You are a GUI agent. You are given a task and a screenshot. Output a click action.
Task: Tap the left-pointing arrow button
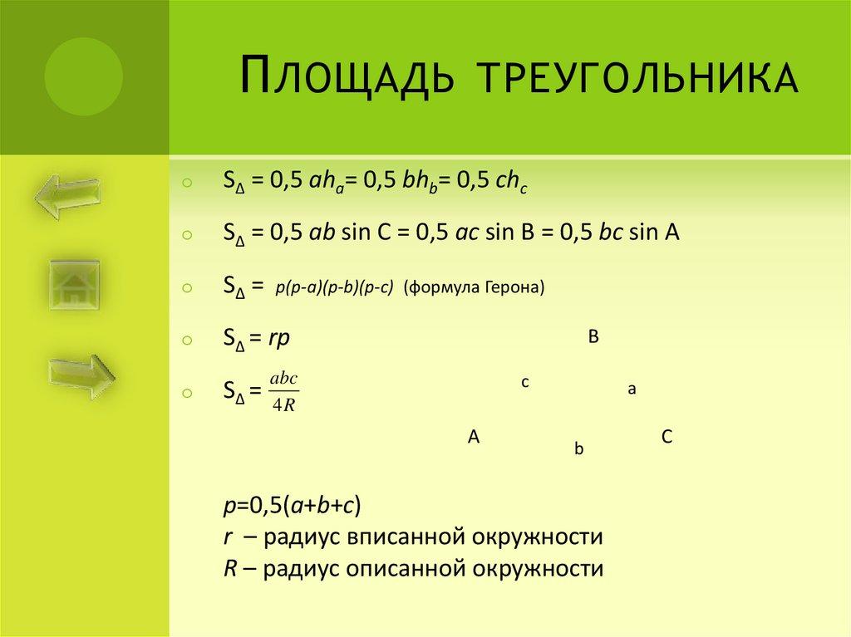[x=68, y=196]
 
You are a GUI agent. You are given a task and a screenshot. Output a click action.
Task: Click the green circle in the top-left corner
[x=83, y=76]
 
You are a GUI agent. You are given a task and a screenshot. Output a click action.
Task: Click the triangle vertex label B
[x=593, y=337]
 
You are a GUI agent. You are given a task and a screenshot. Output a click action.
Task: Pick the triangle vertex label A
[x=474, y=436]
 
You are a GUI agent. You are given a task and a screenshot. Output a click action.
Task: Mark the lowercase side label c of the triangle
[x=525, y=382]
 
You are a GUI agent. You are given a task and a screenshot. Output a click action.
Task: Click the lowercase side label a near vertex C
[x=632, y=388]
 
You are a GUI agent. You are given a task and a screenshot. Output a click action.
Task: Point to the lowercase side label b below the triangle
[x=579, y=448]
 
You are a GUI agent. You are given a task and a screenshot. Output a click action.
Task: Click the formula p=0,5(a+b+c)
[x=291, y=506]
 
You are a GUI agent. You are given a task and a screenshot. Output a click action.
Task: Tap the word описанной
[x=404, y=569]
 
